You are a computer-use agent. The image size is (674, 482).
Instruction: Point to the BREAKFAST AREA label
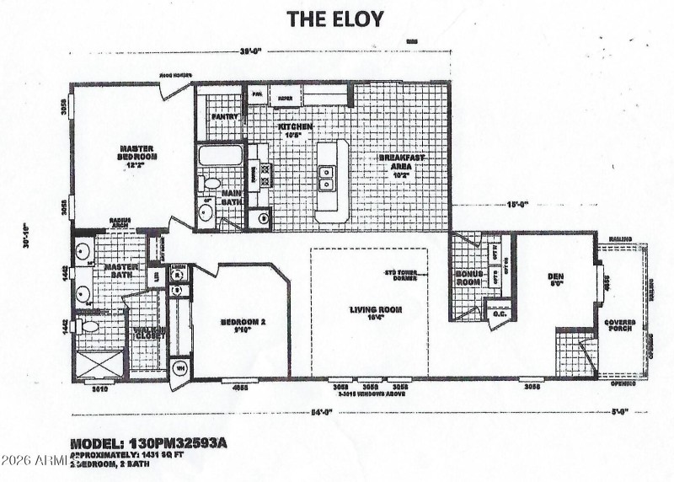(399, 162)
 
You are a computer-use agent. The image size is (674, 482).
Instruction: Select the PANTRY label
(225, 116)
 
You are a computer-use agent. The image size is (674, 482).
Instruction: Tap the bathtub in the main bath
(221, 156)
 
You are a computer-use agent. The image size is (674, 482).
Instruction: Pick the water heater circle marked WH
(179, 367)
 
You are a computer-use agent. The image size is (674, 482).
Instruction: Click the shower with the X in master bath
(99, 366)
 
